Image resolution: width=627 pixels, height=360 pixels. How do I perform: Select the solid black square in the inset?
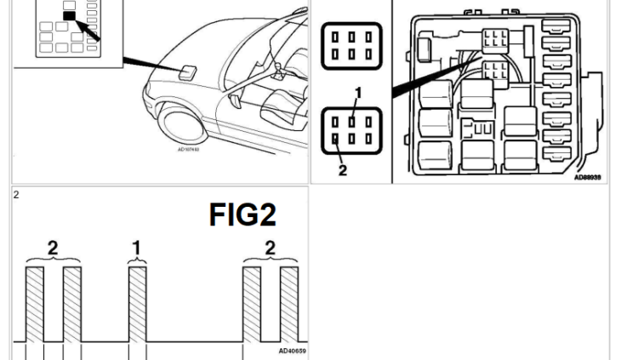pyautogui.click(x=70, y=15)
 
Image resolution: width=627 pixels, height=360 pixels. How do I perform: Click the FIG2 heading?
pyautogui.click(x=247, y=215)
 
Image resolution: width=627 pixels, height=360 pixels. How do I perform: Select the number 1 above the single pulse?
pyautogui.click(x=136, y=249)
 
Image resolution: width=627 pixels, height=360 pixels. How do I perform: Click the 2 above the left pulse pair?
pyautogui.click(x=52, y=248)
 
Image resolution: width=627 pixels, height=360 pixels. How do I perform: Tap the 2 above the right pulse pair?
pyautogui.click(x=271, y=248)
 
